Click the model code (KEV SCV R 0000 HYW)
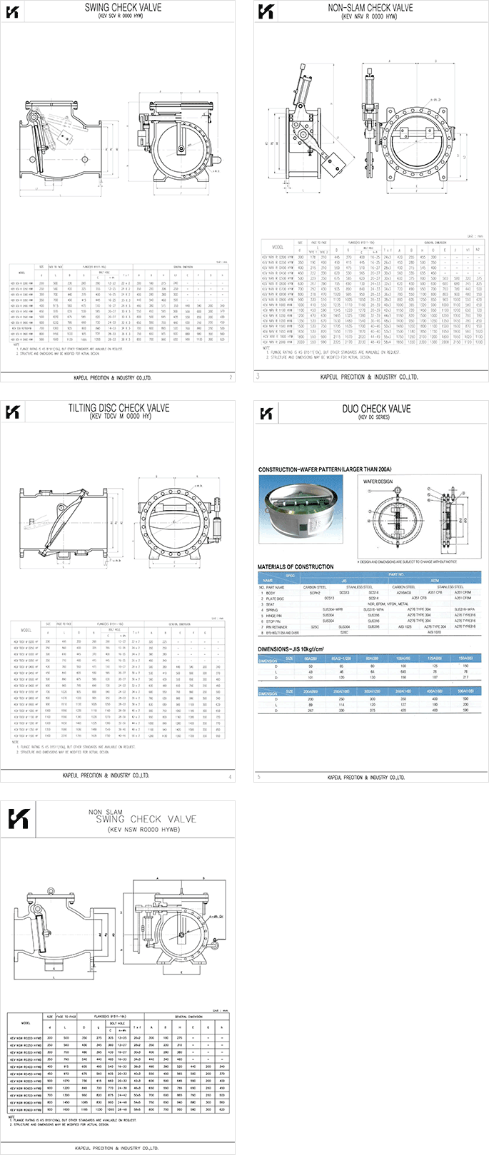123,16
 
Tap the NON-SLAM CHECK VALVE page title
370,8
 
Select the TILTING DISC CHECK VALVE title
119,408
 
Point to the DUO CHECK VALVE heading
376,409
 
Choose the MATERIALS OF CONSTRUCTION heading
295,566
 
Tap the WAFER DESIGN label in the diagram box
378,482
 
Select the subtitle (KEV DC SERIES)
376,417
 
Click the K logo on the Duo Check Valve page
266,413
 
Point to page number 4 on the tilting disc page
230,776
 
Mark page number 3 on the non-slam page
258,376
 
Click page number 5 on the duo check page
258,777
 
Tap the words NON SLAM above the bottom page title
105,812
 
